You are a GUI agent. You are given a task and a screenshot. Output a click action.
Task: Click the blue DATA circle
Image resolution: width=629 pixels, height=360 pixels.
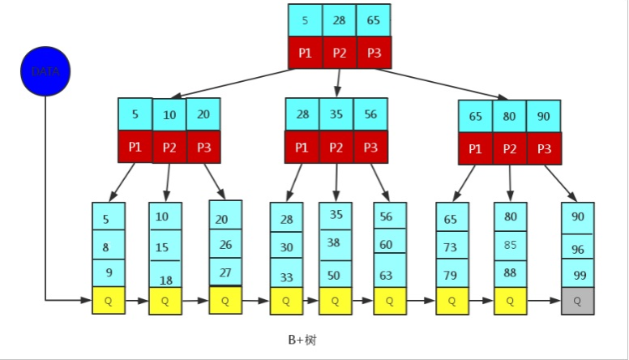45,71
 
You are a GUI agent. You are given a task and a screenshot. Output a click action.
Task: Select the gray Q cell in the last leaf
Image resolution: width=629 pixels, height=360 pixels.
577,300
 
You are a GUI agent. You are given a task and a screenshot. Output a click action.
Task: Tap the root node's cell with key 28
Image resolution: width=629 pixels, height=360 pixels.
339,20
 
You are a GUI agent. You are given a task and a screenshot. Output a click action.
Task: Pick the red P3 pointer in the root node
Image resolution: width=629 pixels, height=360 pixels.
373,52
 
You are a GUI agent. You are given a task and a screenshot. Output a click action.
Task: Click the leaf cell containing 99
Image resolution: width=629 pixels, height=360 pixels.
577,274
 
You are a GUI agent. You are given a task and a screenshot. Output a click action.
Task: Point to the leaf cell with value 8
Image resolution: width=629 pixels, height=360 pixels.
108,246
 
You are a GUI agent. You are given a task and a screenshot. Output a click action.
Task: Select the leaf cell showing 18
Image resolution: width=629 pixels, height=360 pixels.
165,276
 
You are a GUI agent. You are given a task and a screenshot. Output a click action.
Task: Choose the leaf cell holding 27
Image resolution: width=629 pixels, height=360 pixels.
225,272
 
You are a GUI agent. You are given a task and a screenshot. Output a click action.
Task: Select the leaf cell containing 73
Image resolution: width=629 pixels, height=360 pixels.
451,246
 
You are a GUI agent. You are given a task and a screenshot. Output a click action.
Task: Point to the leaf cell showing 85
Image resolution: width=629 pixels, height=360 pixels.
511,245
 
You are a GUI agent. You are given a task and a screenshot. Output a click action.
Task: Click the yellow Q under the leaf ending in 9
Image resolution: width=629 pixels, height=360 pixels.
108,300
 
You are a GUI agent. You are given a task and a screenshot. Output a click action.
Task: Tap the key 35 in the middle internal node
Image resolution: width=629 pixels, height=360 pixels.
336,114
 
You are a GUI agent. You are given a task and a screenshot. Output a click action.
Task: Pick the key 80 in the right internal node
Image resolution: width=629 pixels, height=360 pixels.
509,116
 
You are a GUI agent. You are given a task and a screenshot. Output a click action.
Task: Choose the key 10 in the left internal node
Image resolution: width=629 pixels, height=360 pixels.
169,115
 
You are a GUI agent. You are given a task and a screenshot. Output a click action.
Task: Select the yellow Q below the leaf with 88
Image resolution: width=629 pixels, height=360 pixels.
511,300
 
